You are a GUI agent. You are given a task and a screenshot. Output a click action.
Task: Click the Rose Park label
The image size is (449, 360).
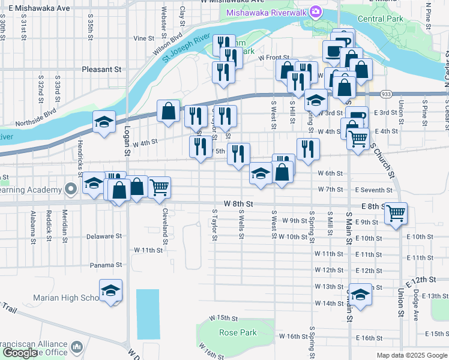238,332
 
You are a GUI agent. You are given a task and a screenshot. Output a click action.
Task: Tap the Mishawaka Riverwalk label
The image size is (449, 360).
266,13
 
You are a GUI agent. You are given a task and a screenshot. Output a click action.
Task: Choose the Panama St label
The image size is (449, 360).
106,265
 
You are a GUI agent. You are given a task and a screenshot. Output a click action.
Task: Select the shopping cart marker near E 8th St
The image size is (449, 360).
396,212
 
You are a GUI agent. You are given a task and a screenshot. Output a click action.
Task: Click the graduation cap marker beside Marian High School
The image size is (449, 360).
110,291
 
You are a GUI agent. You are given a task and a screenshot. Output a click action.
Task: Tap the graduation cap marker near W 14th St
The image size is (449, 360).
360,295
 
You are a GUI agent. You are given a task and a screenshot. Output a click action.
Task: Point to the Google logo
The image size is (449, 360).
20,352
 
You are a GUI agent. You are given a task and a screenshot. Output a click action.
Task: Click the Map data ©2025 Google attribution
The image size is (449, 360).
411,355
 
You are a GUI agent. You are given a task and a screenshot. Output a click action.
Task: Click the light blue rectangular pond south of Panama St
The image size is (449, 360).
148,314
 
